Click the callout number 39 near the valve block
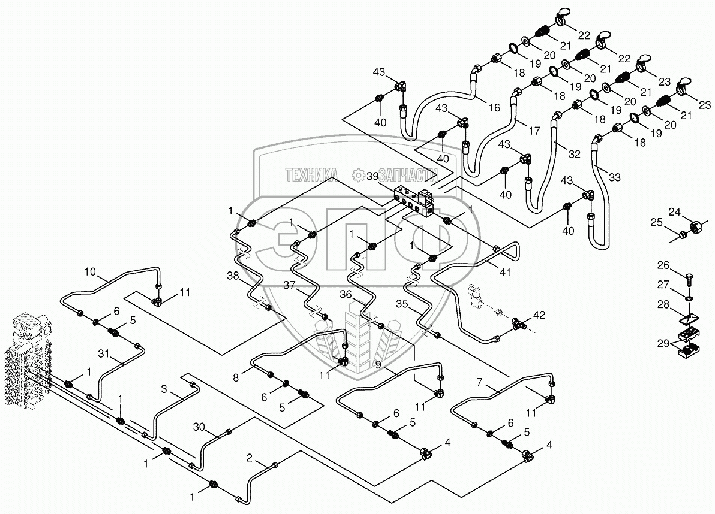(x=372, y=176)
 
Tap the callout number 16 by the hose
(x=494, y=108)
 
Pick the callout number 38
(x=232, y=276)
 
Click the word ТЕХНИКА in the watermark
(x=311, y=174)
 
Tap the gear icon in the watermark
(x=359, y=174)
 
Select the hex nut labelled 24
(x=698, y=227)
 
